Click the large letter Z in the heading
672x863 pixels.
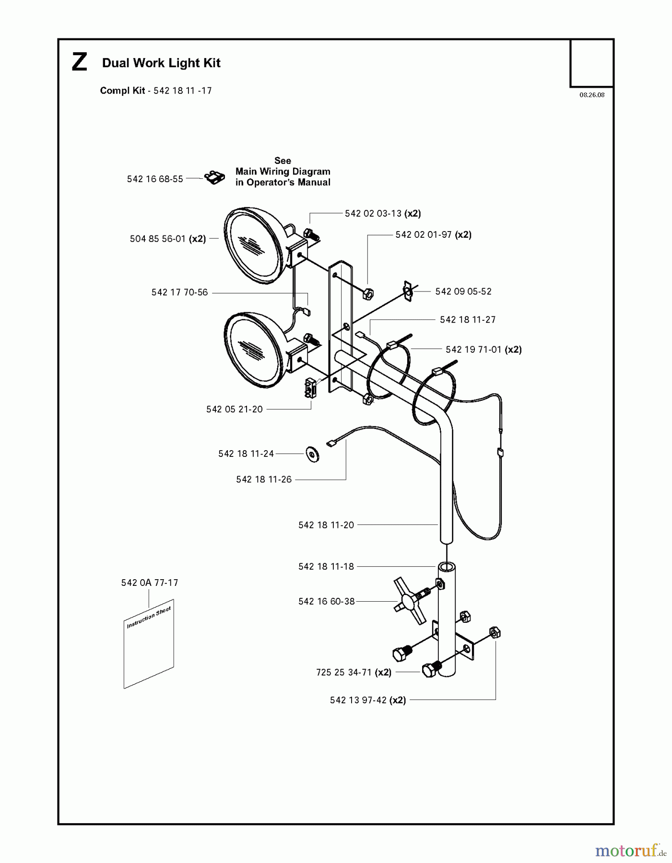80,63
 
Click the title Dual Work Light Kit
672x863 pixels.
161,63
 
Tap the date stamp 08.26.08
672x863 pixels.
592,95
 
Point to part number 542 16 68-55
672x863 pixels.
155,179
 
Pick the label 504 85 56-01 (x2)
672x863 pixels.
168,239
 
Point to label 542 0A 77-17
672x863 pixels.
150,583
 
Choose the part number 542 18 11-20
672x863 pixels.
326,525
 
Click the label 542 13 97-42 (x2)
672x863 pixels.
368,700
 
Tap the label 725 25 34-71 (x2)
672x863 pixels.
354,673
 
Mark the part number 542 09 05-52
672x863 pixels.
463,292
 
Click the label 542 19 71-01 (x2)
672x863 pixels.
483,350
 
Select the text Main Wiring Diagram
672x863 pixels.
283,171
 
